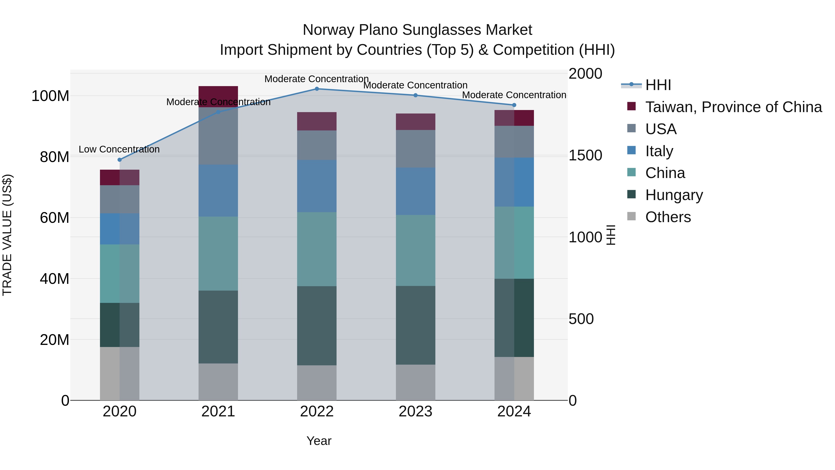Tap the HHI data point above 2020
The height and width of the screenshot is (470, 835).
coord(120,160)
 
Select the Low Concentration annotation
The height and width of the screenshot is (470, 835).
coord(119,149)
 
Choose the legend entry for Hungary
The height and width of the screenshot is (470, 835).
coord(674,195)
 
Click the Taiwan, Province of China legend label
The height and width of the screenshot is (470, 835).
coord(733,107)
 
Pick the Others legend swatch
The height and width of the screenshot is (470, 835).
coord(631,216)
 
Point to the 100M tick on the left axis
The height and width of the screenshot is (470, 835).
coord(50,96)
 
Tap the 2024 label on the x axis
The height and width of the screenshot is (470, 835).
coord(514,412)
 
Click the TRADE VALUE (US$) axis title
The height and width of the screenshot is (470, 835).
coord(7,235)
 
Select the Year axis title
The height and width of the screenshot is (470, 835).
coord(319,441)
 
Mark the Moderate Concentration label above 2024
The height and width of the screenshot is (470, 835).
coord(514,95)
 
